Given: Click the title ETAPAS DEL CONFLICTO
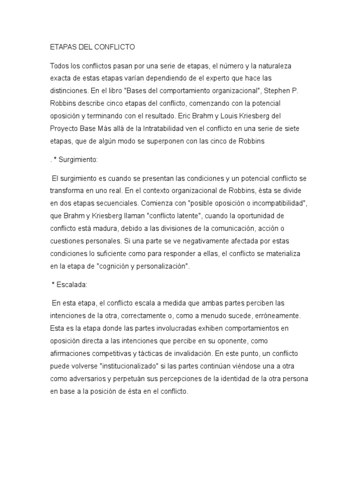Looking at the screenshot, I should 92,47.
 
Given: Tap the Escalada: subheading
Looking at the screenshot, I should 73,284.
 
